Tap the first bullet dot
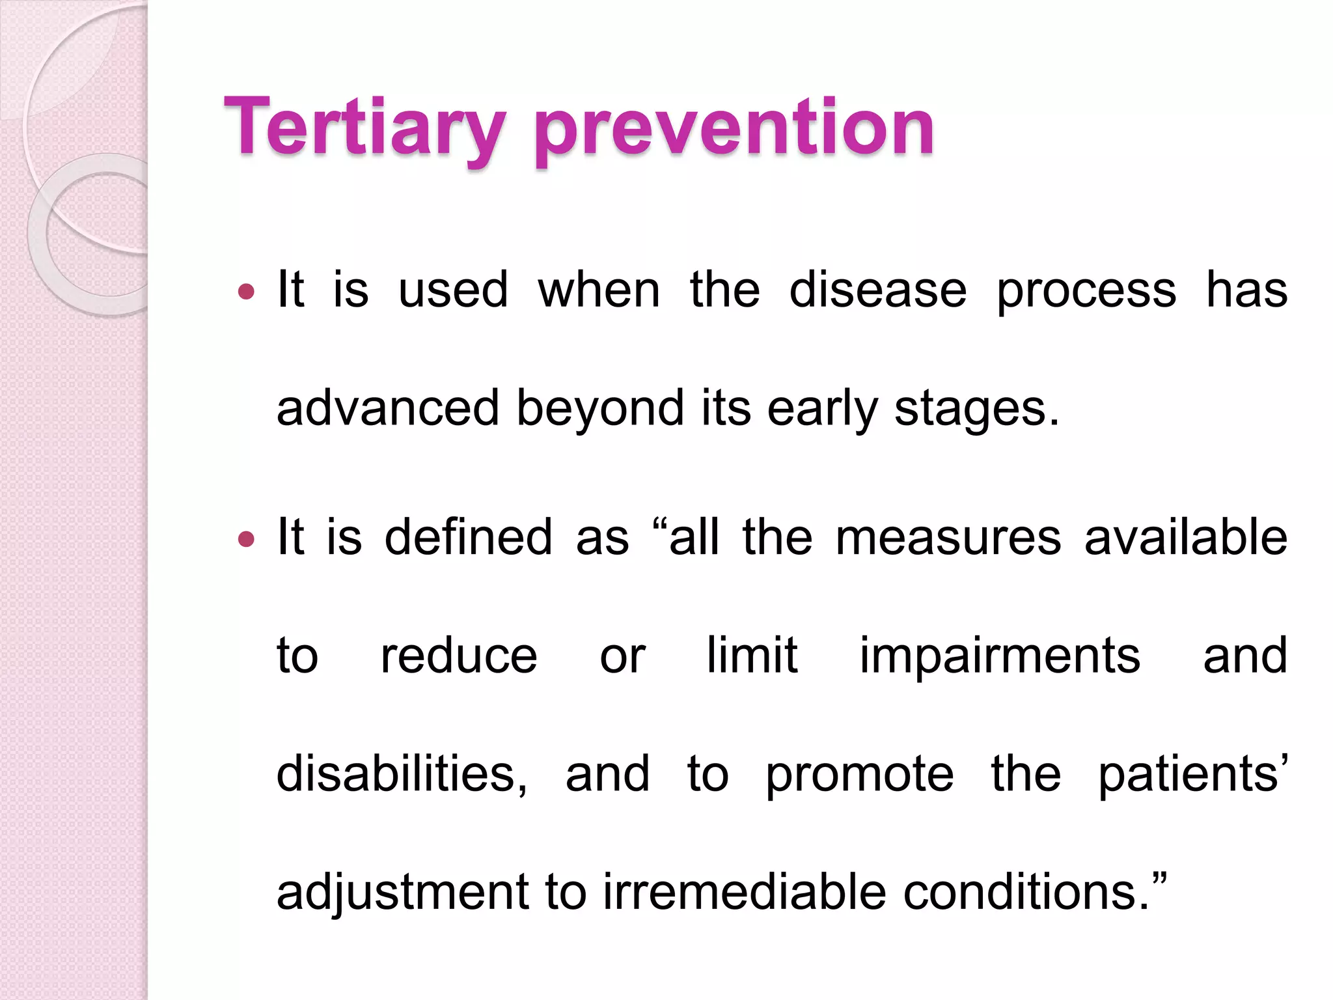[x=246, y=292]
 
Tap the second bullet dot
[x=246, y=540]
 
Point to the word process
[x=1086, y=292]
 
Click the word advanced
[x=389, y=408]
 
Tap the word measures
[x=948, y=538]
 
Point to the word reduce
[x=458, y=656]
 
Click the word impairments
[x=1000, y=656]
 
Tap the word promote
[x=859, y=775]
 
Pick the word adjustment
[x=403, y=893]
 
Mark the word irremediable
[x=745, y=891]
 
